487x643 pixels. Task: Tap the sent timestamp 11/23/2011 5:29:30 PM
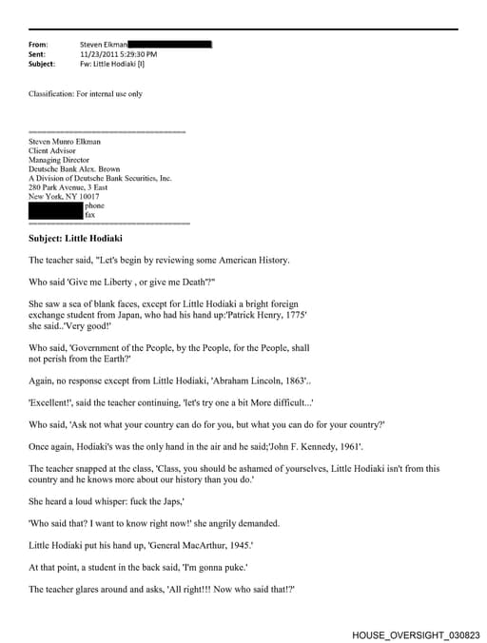[119, 54]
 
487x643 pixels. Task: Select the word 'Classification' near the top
[52, 94]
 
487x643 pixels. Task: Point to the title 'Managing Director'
[60, 159]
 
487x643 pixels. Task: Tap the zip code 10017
[86, 195]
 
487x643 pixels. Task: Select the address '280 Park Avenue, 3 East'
[71, 186]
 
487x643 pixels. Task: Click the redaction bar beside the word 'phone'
[55, 205]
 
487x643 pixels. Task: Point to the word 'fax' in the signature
[90, 214]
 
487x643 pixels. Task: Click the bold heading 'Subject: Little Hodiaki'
[76, 238]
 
